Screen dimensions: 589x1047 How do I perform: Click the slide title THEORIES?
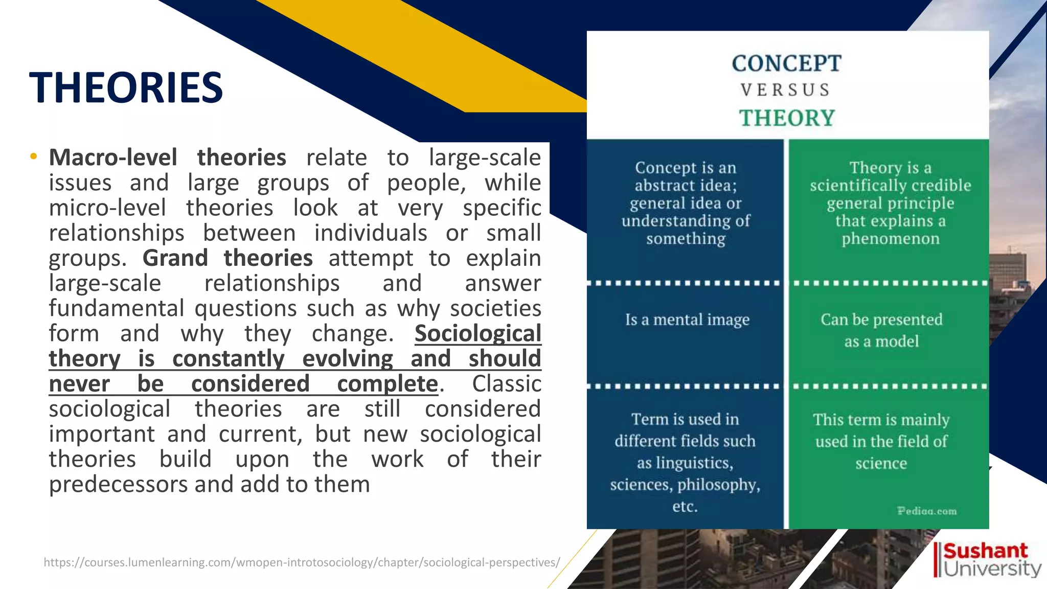126,87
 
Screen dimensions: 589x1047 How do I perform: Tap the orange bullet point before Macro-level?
33,156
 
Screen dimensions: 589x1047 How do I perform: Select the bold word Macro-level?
113,157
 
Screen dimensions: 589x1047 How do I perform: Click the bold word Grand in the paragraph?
175,258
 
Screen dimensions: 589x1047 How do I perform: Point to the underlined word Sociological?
477,334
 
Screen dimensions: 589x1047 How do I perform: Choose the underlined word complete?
387,384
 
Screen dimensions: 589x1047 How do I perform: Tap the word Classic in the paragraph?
506,384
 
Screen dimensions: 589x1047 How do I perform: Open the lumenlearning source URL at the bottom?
302,562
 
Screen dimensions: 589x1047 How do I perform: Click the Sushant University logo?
987,559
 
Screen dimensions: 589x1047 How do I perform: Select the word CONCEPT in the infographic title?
786,64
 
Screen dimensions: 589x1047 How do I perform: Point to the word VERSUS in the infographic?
786,90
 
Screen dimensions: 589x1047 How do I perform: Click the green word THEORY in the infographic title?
787,118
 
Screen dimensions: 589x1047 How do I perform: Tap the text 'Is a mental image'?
687,320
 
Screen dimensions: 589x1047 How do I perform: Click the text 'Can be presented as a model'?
881,330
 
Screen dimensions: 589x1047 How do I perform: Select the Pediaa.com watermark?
926,511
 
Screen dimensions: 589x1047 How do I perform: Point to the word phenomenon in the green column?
890,239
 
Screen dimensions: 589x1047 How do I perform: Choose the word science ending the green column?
881,464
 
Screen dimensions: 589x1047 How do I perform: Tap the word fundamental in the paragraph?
117,309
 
